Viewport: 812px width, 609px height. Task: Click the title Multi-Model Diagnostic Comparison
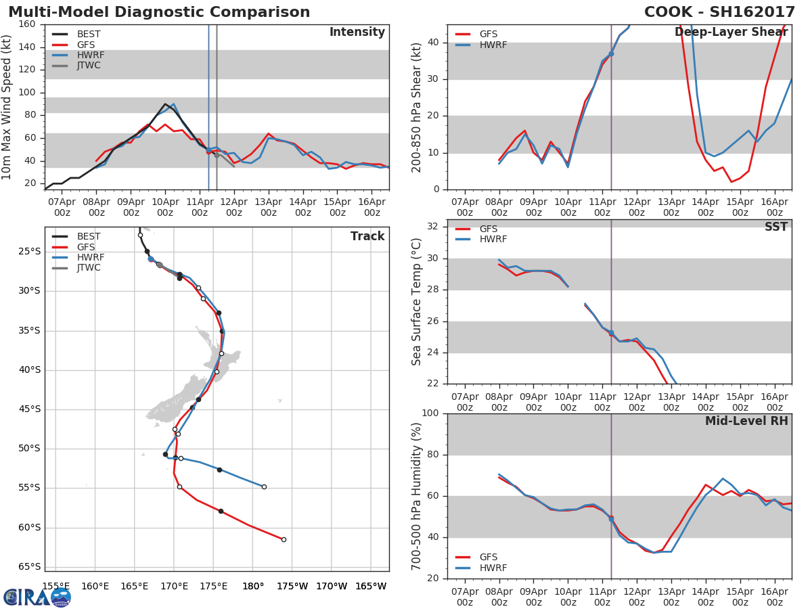(159, 12)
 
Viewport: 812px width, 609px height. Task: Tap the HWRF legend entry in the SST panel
(493, 240)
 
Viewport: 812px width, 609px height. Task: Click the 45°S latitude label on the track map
(29, 409)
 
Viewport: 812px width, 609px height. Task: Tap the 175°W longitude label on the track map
(292, 587)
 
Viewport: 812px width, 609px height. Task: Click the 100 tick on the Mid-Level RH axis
(430, 413)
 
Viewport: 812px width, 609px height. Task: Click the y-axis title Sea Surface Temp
(417, 302)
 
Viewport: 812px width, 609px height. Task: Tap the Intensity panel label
(357, 32)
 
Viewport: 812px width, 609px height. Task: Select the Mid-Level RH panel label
(746, 422)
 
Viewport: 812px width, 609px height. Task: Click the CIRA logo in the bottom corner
(37, 597)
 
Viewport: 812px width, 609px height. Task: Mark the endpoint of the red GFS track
(284, 539)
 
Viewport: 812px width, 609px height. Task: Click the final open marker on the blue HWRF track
(264, 487)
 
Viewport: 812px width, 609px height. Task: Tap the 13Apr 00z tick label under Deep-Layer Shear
(671, 207)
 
